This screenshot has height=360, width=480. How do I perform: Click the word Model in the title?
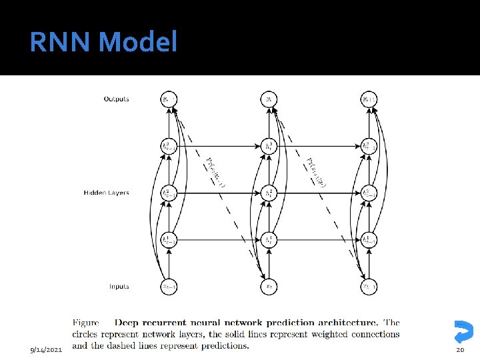pos(138,43)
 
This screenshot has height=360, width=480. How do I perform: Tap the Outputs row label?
pos(116,99)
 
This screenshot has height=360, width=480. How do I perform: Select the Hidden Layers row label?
pos(107,193)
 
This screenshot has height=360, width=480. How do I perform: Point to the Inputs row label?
pos(119,287)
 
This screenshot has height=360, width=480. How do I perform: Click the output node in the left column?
pos(169,99)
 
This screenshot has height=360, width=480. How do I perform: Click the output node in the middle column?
pos(268,99)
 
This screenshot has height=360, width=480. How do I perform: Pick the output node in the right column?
pos(369,99)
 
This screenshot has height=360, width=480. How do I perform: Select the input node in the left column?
pos(169,287)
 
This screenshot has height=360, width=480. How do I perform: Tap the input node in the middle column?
pos(268,287)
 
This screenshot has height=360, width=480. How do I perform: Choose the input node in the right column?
pos(369,287)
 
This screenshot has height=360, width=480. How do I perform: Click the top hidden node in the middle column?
pos(268,146)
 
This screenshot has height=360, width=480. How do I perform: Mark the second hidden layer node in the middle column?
pos(268,193)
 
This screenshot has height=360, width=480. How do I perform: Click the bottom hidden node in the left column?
pos(169,240)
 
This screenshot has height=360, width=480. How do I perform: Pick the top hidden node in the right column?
pos(369,146)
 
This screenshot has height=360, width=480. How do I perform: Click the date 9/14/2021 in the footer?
pos(47,349)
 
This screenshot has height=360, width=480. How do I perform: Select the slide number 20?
pos(459,349)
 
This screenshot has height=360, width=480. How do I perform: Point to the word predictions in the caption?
pos(225,345)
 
